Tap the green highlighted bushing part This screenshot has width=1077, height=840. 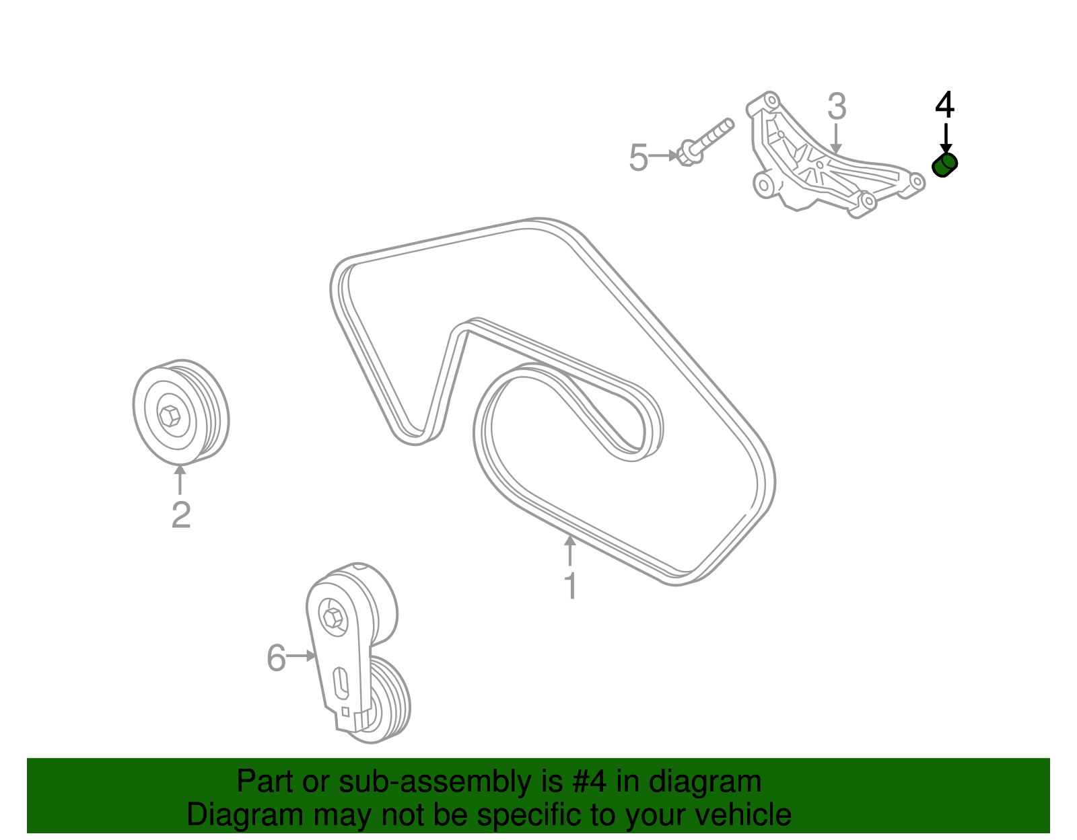[x=944, y=165]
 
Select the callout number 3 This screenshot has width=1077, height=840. [x=837, y=106]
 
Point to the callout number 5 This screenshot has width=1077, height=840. [x=638, y=157]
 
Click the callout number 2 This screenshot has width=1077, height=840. [x=181, y=514]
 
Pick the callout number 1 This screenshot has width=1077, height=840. [x=571, y=586]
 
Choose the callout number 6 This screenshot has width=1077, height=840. [x=276, y=658]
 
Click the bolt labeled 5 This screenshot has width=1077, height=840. [x=705, y=143]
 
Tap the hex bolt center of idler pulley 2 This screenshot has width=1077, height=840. [x=170, y=416]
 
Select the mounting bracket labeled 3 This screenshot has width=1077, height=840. [x=833, y=156]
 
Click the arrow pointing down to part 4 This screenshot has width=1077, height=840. [x=946, y=139]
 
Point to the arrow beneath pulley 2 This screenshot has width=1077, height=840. [x=180, y=480]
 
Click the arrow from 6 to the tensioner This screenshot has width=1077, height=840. [x=302, y=656]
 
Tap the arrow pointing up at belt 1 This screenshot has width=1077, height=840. [x=570, y=550]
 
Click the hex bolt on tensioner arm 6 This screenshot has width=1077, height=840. [x=332, y=617]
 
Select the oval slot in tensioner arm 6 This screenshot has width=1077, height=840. [x=341, y=683]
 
